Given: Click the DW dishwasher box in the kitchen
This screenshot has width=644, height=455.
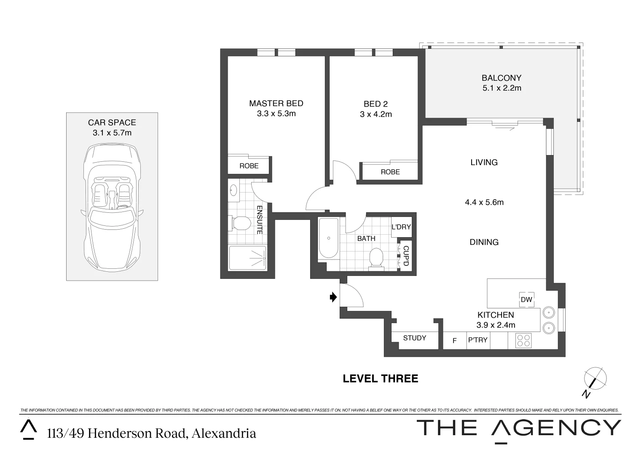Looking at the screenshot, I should (x=526, y=300).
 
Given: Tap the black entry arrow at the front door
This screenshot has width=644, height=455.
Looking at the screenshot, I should (x=333, y=297).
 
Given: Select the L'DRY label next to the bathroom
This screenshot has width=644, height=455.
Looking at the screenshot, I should (x=401, y=227).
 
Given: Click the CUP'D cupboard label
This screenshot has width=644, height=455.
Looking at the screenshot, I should (x=405, y=256).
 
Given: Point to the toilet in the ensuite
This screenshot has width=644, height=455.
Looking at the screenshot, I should (x=239, y=223).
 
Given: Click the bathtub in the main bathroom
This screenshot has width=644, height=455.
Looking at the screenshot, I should (x=328, y=238).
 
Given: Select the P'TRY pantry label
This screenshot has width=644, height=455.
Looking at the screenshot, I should (x=478, y=340).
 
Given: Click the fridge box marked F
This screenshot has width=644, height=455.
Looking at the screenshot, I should (x=454, y=340).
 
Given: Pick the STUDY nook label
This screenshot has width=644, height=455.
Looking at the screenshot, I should (x=414, y=338).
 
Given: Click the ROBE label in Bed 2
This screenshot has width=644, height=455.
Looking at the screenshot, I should (x=390, y=172).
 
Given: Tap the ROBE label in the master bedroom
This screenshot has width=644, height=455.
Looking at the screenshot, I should (x=249, y=166).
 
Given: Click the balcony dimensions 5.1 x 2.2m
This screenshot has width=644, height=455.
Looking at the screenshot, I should (x=502, y=88).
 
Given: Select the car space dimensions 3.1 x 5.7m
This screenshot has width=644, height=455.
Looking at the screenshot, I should (x=112, y=133).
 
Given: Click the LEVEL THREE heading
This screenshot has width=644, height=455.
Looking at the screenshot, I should (x=380, y=378).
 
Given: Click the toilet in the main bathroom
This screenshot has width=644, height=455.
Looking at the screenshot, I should (x=376, y=257).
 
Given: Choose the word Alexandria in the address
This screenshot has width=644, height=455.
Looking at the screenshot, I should (x=224, y=433).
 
